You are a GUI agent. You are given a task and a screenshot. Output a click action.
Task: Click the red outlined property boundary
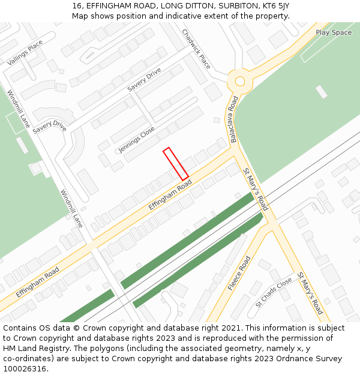[x=176, y=164]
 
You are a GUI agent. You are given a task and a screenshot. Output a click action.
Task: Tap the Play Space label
[x=334, y=32]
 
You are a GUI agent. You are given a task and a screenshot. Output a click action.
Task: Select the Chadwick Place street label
[x=196, y=49]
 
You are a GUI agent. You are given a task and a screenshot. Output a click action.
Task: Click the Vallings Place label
[x=25, y=53]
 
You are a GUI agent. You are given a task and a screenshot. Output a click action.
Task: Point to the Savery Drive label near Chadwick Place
[x=145, y=80]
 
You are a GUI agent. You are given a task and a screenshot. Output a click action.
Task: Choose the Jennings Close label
[x=136, y=139]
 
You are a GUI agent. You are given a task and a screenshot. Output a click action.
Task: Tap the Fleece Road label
[x=239, y=273]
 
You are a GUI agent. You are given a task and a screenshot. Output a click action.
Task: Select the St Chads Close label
[x=274, y=292]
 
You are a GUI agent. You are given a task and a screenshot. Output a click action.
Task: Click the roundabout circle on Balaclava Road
[x=240, y=81]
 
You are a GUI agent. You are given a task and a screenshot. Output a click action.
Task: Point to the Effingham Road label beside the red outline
[x=170, y=196]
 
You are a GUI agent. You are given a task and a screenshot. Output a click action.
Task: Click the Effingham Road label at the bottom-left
[x=37, y=282]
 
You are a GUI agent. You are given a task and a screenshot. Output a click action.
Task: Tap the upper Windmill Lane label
[x=19, y=109]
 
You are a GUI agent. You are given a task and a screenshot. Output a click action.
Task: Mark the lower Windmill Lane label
[x=71, y=209]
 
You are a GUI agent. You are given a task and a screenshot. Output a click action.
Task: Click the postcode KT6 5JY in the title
[x=272, y=5]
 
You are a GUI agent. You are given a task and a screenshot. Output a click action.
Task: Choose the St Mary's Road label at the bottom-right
[x=310, y=293]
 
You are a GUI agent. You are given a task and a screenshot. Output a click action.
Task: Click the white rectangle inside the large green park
[x=322, y=92]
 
